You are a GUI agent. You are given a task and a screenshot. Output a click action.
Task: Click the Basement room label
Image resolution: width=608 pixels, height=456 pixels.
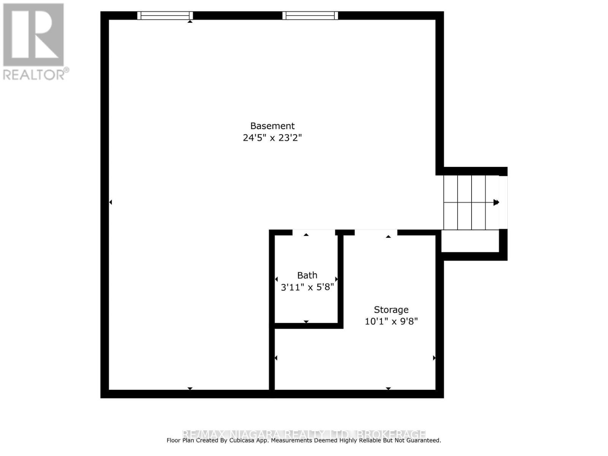point(272,126)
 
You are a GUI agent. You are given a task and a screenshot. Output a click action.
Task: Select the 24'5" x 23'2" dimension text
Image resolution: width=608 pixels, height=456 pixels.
point(272,138)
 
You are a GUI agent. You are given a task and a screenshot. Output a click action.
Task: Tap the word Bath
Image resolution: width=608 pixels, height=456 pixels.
point(307,275)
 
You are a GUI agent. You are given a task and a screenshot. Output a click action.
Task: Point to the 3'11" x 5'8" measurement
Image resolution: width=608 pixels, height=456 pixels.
point(307,287)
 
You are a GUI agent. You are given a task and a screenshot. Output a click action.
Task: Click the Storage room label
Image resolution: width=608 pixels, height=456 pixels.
point(391,310)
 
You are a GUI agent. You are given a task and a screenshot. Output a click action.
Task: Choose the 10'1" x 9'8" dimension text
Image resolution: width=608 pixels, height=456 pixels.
point(391,321)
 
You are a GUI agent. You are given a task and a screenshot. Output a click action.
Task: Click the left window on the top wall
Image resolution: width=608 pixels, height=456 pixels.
point(165,16)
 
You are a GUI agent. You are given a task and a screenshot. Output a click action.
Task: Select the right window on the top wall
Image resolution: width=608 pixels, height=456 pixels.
point(310,16)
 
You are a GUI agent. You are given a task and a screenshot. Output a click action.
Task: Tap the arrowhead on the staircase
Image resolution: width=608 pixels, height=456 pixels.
point(496,203)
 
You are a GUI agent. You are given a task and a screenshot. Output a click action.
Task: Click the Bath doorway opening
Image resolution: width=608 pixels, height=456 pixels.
point(313,232)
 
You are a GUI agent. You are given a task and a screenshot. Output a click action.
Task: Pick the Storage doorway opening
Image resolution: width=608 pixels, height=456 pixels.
point(376,232)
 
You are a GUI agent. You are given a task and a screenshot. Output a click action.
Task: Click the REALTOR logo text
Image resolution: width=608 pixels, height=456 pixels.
point(36,74)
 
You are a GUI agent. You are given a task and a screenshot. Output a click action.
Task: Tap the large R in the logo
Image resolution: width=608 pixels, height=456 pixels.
point(33,35)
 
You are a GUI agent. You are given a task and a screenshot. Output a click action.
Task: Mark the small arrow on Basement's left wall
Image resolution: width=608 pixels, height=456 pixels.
point(111,202)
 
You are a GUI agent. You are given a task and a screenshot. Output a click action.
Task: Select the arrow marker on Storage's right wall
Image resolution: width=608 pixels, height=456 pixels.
point(434,358)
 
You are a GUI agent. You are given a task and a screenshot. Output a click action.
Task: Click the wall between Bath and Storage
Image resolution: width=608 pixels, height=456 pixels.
point(340,279)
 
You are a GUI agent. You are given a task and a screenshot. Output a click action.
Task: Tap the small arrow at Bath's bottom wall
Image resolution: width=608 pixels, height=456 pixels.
point(306,322)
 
